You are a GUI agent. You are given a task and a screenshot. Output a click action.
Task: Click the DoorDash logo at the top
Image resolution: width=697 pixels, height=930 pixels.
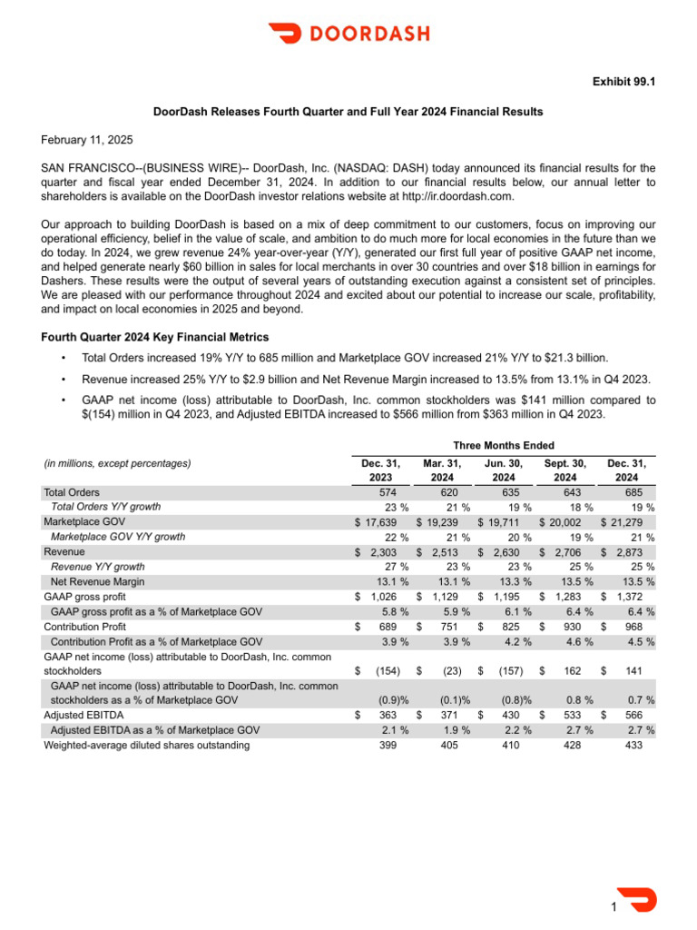pyautogui.click(x=349, y=34)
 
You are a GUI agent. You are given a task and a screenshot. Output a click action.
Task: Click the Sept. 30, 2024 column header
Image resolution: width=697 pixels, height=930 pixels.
pyautogui.click(x=565, y=470)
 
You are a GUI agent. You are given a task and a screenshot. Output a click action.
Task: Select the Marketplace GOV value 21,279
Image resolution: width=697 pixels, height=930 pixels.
pyautogui.click(x=632, y=522)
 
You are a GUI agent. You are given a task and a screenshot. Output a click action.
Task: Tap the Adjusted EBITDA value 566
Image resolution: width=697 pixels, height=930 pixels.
pyautogui.click(x=632, y=716)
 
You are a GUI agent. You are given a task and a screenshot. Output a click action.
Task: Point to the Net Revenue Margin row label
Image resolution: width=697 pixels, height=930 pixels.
pyautogui.click(x=97, y=581)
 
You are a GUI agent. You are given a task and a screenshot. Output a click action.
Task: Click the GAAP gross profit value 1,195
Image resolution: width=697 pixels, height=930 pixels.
pyautogui.click(x=508, y=597)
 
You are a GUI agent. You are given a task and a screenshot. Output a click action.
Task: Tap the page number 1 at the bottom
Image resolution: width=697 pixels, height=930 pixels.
pyautogui.click(x=614, y=907)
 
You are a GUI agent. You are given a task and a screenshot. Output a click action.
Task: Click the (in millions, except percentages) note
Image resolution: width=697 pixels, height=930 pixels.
pyautogui.click(x=118, y=463)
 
